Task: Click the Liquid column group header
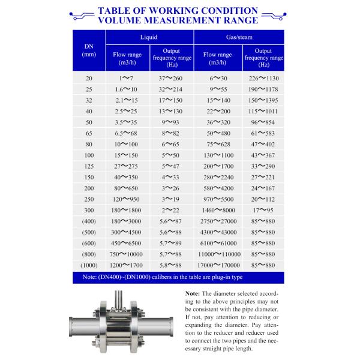[x=149, y=37]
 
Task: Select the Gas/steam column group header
[x=238, y=37]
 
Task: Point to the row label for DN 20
[x=89, y=79]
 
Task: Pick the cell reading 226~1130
[x=264, y=79]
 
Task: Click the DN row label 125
[x=89, y=166]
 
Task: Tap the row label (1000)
[x=89, y=265]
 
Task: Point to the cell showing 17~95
[x=264, y=210]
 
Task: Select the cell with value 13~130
[x=171, y=112]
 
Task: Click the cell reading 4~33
[x=171, y=177]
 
